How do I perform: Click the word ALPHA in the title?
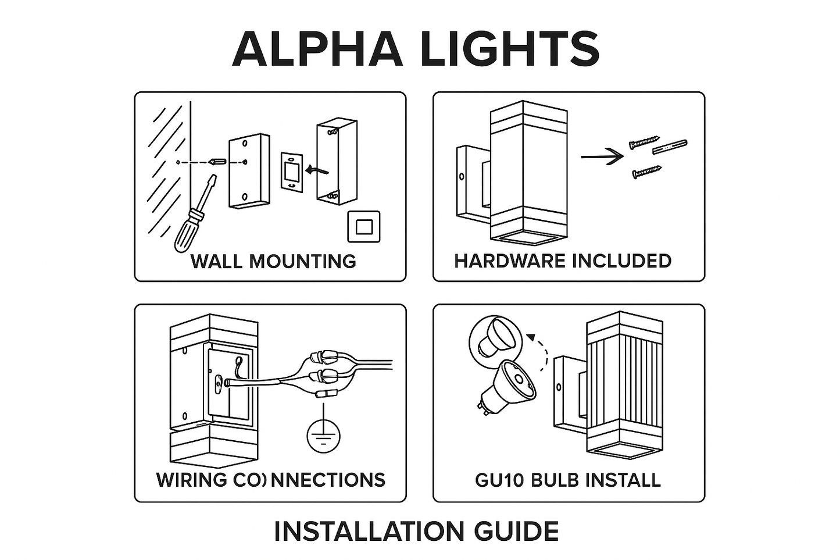tap(317, 49)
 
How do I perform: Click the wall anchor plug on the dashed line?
tap(218, 162)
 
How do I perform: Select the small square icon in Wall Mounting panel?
tap(364, 227)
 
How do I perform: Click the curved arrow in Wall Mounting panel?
tap(317, 170)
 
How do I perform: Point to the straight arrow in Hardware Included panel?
tap(602, 156)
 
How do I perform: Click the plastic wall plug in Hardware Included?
tap(670, 147)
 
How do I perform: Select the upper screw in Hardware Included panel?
tap(644, 142)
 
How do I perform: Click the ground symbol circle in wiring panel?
tap(323, 436)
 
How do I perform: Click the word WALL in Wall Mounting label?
tap(217, 262)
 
